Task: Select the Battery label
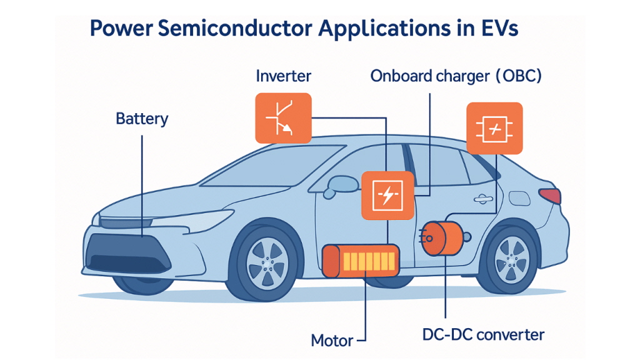point(142,119)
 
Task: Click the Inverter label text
point(283,76)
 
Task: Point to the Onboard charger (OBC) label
point(456,76)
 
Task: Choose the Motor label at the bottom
point(332,341)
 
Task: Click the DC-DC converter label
point(483,335)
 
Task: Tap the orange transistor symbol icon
point(283,118)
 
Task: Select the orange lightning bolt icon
point(387,195)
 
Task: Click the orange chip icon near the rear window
point(494,129)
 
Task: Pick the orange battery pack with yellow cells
point(361,261)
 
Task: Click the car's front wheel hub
point(267,263)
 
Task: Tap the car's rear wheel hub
point(511,260)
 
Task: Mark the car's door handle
point(483,199)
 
